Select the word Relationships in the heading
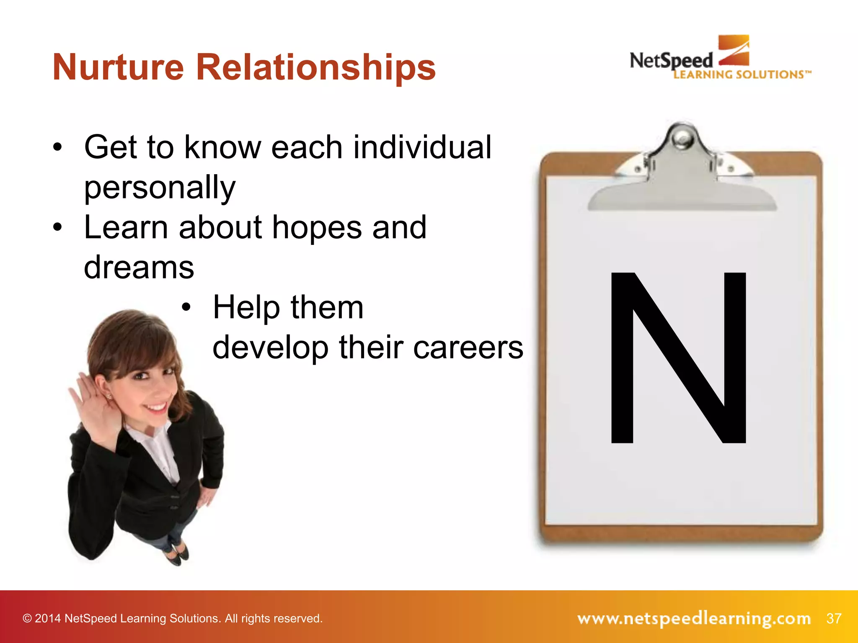316,68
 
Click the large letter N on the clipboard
678,358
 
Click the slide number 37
834,618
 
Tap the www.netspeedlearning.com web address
694,618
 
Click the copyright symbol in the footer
27,619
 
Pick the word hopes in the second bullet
317,228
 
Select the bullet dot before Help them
186,308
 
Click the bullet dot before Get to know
57,147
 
